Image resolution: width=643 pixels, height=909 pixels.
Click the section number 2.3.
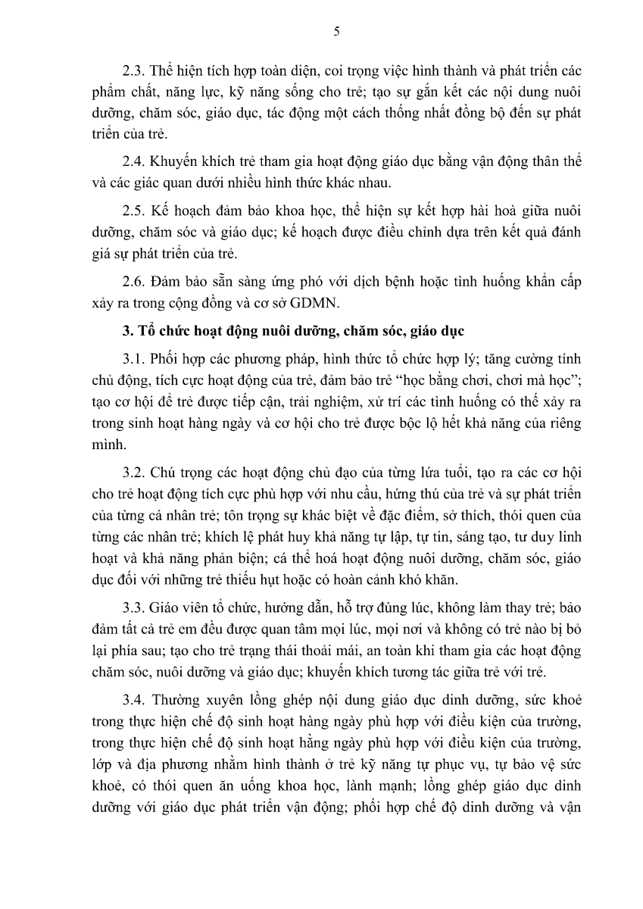pos(133,71)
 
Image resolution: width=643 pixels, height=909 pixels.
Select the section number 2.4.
pos(133,162)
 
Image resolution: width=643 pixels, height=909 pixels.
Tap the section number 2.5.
pos(133,210)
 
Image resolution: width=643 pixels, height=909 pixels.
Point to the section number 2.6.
pos(133,280)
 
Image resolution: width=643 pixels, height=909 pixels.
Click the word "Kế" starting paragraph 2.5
pos(160,210)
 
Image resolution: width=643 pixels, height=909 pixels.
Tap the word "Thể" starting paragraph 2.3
pos(163,71)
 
